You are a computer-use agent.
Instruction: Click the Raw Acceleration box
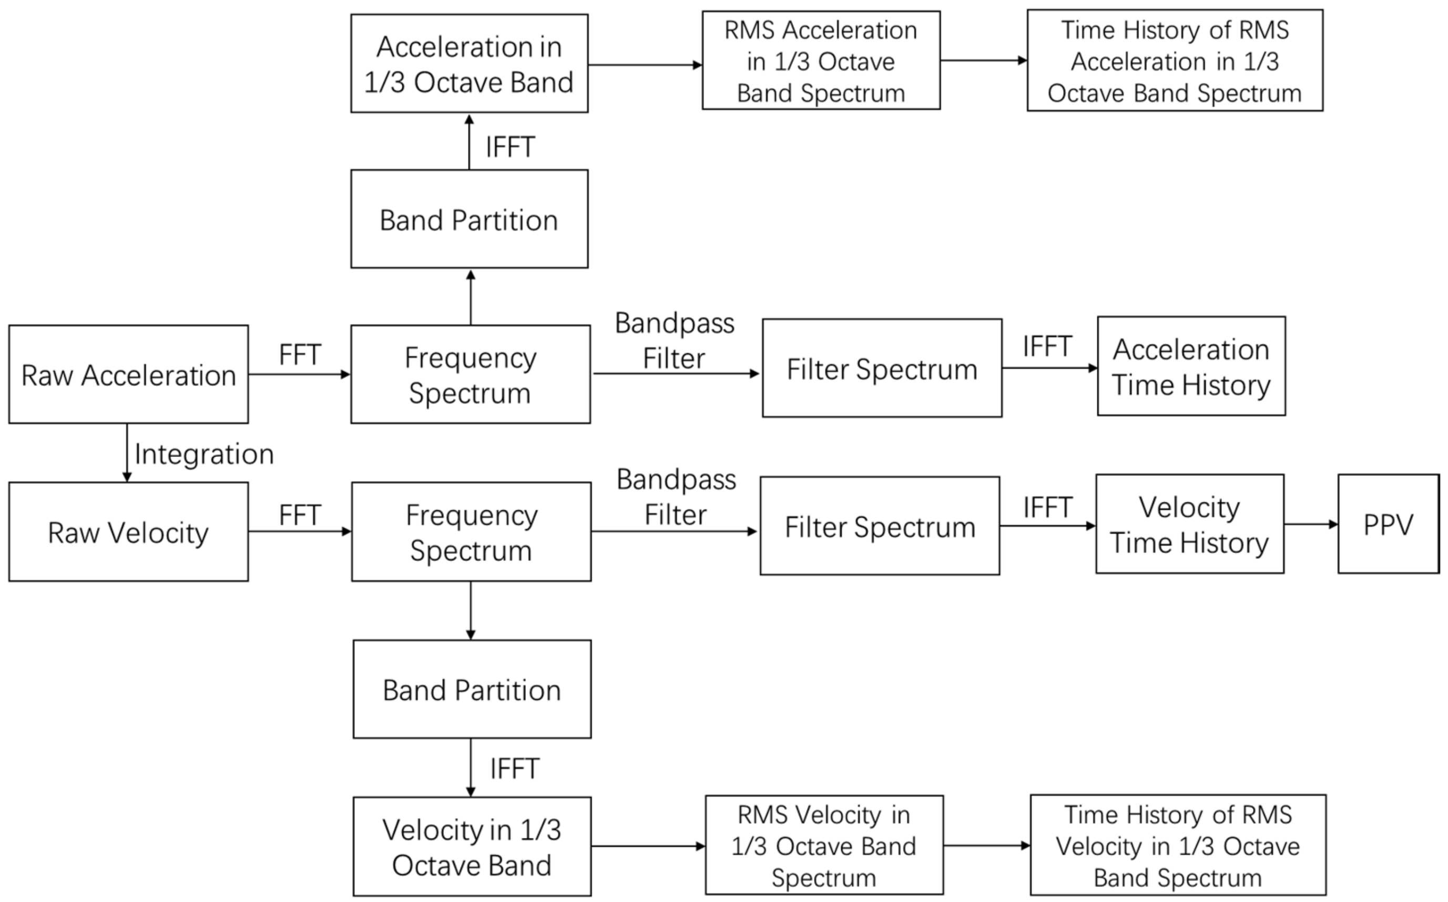coord(128,374)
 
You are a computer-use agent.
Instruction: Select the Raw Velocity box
coord(128,531)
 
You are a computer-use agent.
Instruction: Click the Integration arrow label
coord(204,454)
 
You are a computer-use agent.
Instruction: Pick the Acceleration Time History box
coord(1191,366)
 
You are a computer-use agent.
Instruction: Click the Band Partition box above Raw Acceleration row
coord(469,219)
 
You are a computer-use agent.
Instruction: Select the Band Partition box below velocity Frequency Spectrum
coord(471,689)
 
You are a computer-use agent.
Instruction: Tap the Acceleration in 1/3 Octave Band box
coord(469,63)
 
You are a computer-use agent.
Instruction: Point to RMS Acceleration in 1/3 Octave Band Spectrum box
coord(820,60)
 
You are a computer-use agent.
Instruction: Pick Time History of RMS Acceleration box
coord(1174,60)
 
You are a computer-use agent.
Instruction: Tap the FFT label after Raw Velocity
coord(300,514)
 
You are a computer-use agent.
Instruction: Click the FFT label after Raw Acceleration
coord(300,354)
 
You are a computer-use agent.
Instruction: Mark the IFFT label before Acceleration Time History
coord(1047,346)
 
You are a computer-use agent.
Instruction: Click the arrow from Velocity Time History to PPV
coord(1310,525)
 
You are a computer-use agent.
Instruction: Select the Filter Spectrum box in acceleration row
coord(881,368)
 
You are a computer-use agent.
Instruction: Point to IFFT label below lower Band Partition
coord(514,768)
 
